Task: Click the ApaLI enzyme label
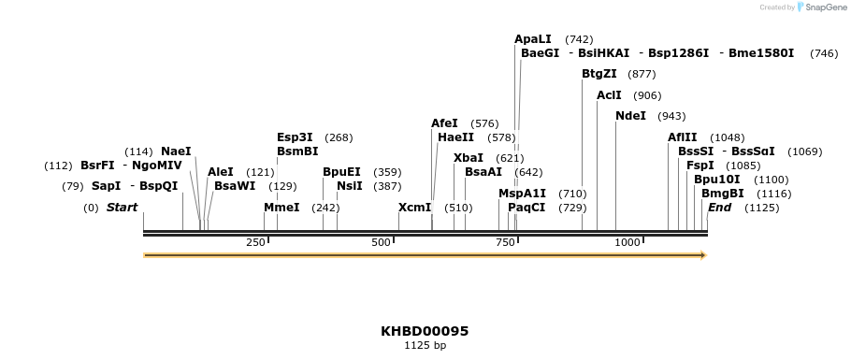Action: (x=533, y=39)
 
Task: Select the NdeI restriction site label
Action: (x=631, y=116)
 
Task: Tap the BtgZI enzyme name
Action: (x=599, y=74)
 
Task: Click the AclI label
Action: (x=609, y=95)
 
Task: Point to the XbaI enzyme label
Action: (x=469, y=158)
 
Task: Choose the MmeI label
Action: (x=281, y=207)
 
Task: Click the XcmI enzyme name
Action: (x=415, y=207)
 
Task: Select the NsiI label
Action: (x=350, y=186)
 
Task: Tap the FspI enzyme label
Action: (x=700, y=166)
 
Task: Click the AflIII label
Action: (x=683, y=137)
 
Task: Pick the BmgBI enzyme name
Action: (x=723, y=194)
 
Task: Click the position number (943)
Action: (x=671, y=117)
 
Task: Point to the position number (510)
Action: (x=458, y=208)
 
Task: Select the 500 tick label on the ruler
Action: (x=381, y=243)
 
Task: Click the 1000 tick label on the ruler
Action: (x=627, y=243)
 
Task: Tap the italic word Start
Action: (x=122, y=207)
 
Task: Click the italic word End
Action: (x=719, y=207)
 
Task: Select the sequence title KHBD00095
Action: (x=425, y=331)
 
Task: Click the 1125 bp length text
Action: (x=425, y=346)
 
